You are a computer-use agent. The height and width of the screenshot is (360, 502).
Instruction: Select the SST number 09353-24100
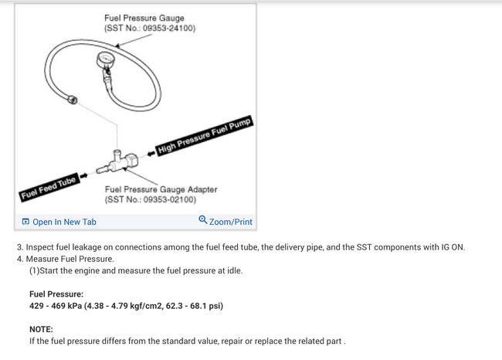(160, 28)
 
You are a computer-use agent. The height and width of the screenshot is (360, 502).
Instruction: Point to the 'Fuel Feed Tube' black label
(48, 188)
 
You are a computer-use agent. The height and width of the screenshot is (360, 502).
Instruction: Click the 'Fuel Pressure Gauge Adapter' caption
(161, 189)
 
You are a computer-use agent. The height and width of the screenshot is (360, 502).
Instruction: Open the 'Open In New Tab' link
(64, 222)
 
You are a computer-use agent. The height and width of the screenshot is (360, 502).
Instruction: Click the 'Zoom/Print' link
(230, 222)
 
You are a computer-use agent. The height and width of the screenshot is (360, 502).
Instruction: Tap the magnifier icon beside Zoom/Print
(203, 220)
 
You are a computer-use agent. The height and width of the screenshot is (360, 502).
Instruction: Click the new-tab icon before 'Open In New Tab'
(25, 222)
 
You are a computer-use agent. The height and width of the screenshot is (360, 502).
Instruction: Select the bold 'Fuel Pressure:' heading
(56, 294)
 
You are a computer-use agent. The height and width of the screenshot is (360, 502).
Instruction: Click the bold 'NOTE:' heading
(42, 329)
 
